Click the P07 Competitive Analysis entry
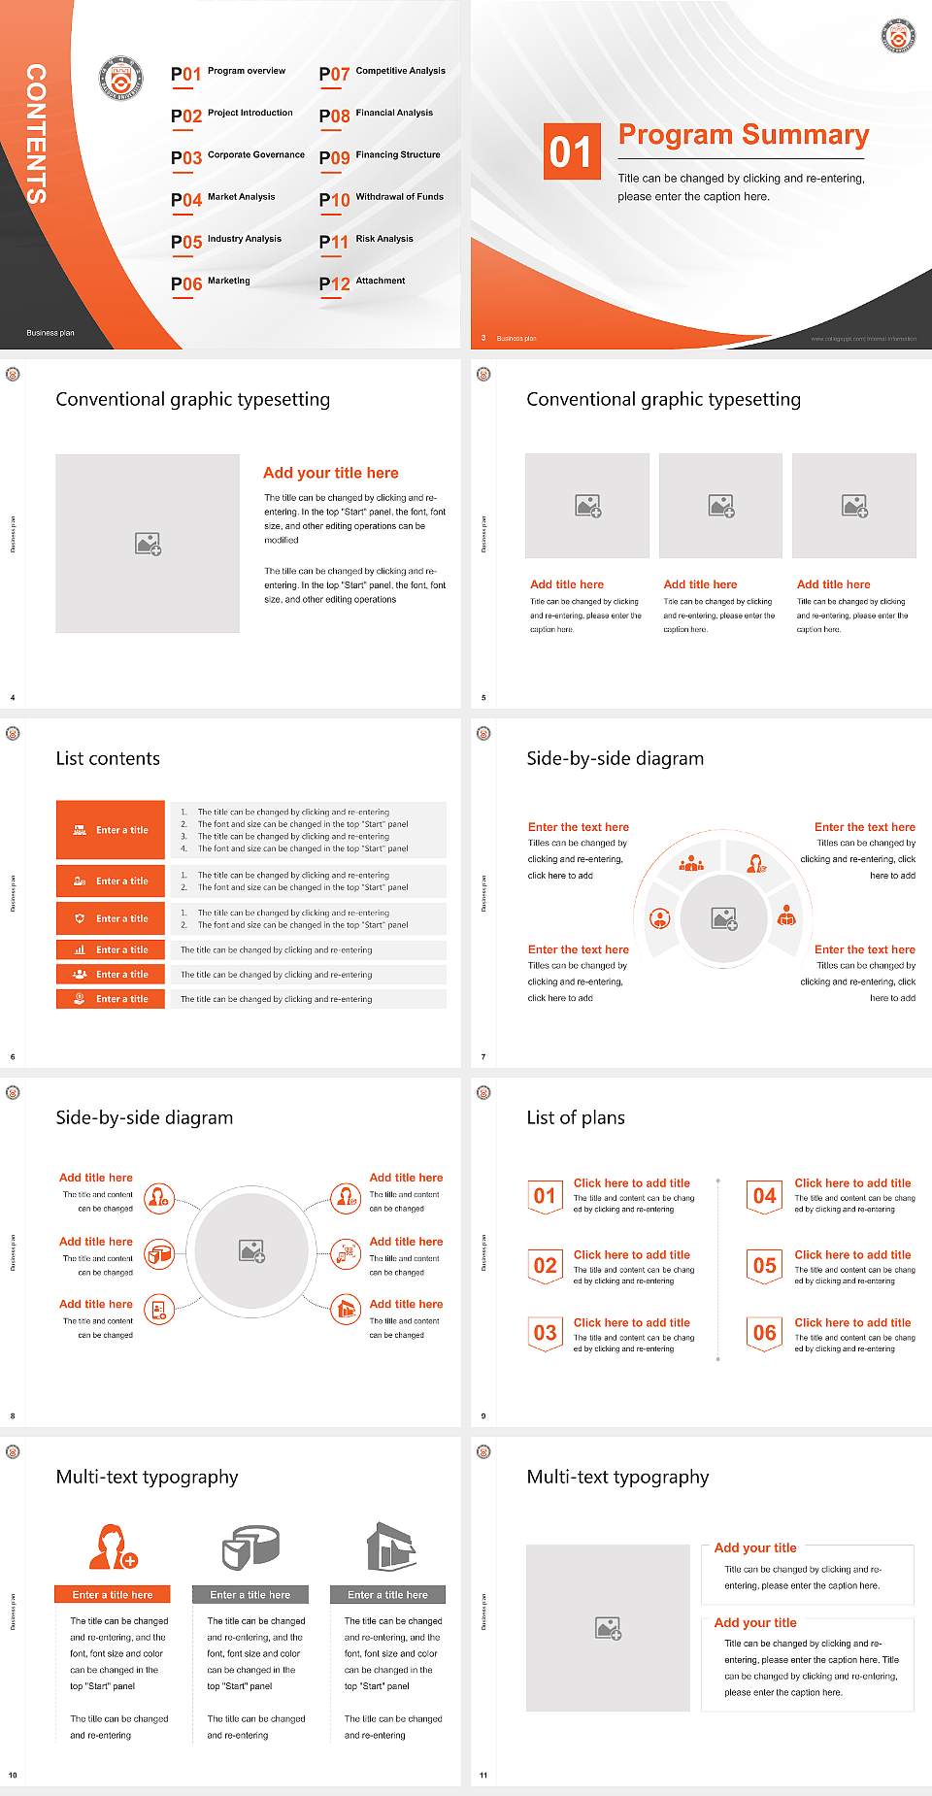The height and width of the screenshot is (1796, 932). (x=383, y=73)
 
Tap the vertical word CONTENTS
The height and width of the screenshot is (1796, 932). (x=36, y=134)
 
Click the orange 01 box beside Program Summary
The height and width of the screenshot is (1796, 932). (x=572, y=151)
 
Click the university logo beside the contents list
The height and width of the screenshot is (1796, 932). (x=121, y=78)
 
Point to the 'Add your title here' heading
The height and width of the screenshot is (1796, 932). (x=330, y=473)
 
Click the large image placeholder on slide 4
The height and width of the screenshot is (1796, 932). (x=148, y=544)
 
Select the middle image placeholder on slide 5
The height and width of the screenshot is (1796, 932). (x=720, y=506)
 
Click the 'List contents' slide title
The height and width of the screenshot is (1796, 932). (x=108, y=758)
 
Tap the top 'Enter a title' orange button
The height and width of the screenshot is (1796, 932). (x=111, y=830)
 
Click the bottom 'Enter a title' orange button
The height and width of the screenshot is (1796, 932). (x=111, y=999)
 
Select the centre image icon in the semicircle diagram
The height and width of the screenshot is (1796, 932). (x=724, y=917)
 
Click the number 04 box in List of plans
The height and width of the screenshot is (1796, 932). (x=765, y=1196)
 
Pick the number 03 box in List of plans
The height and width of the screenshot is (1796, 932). (x=546, y=1333)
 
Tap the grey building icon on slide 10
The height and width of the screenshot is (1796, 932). (x=391, y=1547)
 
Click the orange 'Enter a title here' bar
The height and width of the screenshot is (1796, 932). (x=113, y=1594)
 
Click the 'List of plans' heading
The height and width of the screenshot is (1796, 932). (x=576, y=1117)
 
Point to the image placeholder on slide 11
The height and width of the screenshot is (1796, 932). (x=608, y=1628)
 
